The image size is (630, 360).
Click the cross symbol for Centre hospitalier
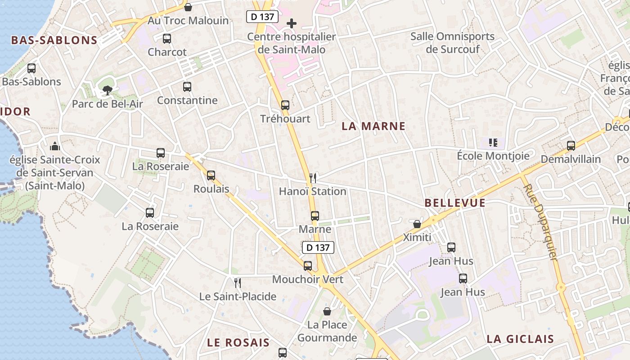(x=292, y=23)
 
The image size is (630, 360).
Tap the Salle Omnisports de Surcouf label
(x=452, y=43)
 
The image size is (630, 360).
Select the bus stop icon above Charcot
(x=167, y=39)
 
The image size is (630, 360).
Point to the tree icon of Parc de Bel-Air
(x=108, y=90)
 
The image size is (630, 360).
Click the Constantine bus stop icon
(x=187, y=87)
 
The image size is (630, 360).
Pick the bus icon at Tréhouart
(x=285, y=105)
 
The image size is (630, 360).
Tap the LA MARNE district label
(x=373, y=126)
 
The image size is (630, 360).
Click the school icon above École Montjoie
(x=493, y=143)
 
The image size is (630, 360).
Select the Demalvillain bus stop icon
(x=571, y=146)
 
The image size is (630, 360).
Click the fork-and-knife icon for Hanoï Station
(x=313, y=178)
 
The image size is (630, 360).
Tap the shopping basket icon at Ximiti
(x=417, y=224)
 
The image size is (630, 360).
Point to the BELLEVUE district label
(x=455, y=203)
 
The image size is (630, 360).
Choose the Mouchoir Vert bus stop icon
(x=308, y=266)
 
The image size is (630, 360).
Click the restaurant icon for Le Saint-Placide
(x=238, y=283)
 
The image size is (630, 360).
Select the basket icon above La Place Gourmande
(x=328, y=311)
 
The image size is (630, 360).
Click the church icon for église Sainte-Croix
(x=55, y=146)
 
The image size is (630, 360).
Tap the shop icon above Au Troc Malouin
(x=188, y=7)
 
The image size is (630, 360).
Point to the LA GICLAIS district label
(x=520, y=339)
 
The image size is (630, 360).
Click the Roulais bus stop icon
(x=211, y=175)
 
